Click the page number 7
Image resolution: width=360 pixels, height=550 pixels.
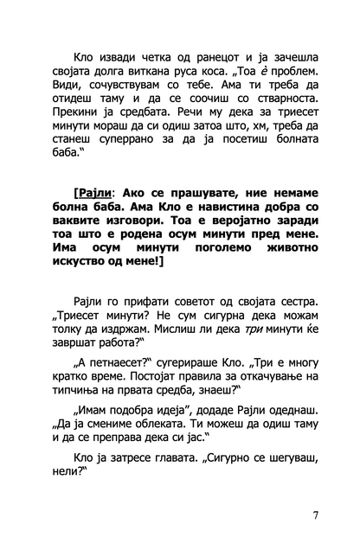pyautogui.click(x=316, y=516)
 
